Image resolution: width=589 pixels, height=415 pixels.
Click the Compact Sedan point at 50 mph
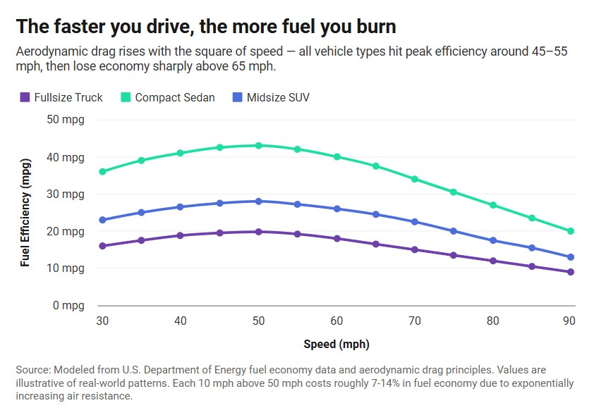[x=258, y=146]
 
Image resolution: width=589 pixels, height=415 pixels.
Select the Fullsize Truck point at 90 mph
[x=571, y=272]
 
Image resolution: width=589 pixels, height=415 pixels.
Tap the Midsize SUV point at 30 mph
[x=102, y=220]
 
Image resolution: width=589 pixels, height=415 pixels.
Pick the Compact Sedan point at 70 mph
[x=415, y=179]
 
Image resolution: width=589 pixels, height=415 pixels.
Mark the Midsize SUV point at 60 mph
[x=336, y=209]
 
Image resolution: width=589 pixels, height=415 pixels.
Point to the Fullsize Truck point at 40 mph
[x=181, y=235]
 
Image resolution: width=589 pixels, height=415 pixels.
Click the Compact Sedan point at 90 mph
[x=571, y=231]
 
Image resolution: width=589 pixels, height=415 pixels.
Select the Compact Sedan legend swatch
[x=126, y=98]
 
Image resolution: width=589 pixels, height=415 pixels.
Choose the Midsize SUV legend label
[x=278, y=98]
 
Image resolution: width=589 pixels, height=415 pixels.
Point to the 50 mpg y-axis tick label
[x=66, y=119]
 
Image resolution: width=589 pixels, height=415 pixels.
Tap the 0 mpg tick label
[x=69, y=306]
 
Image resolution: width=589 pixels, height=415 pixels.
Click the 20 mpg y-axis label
[x=66, y=231]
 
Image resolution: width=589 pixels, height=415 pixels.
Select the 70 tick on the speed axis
[x=415, y=321]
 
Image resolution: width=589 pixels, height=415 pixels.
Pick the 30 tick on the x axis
[x=102, y=321]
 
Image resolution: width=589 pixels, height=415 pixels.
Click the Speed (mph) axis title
[x=336, y=345]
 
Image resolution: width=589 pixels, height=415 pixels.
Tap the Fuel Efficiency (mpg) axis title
[x=25, y=211]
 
